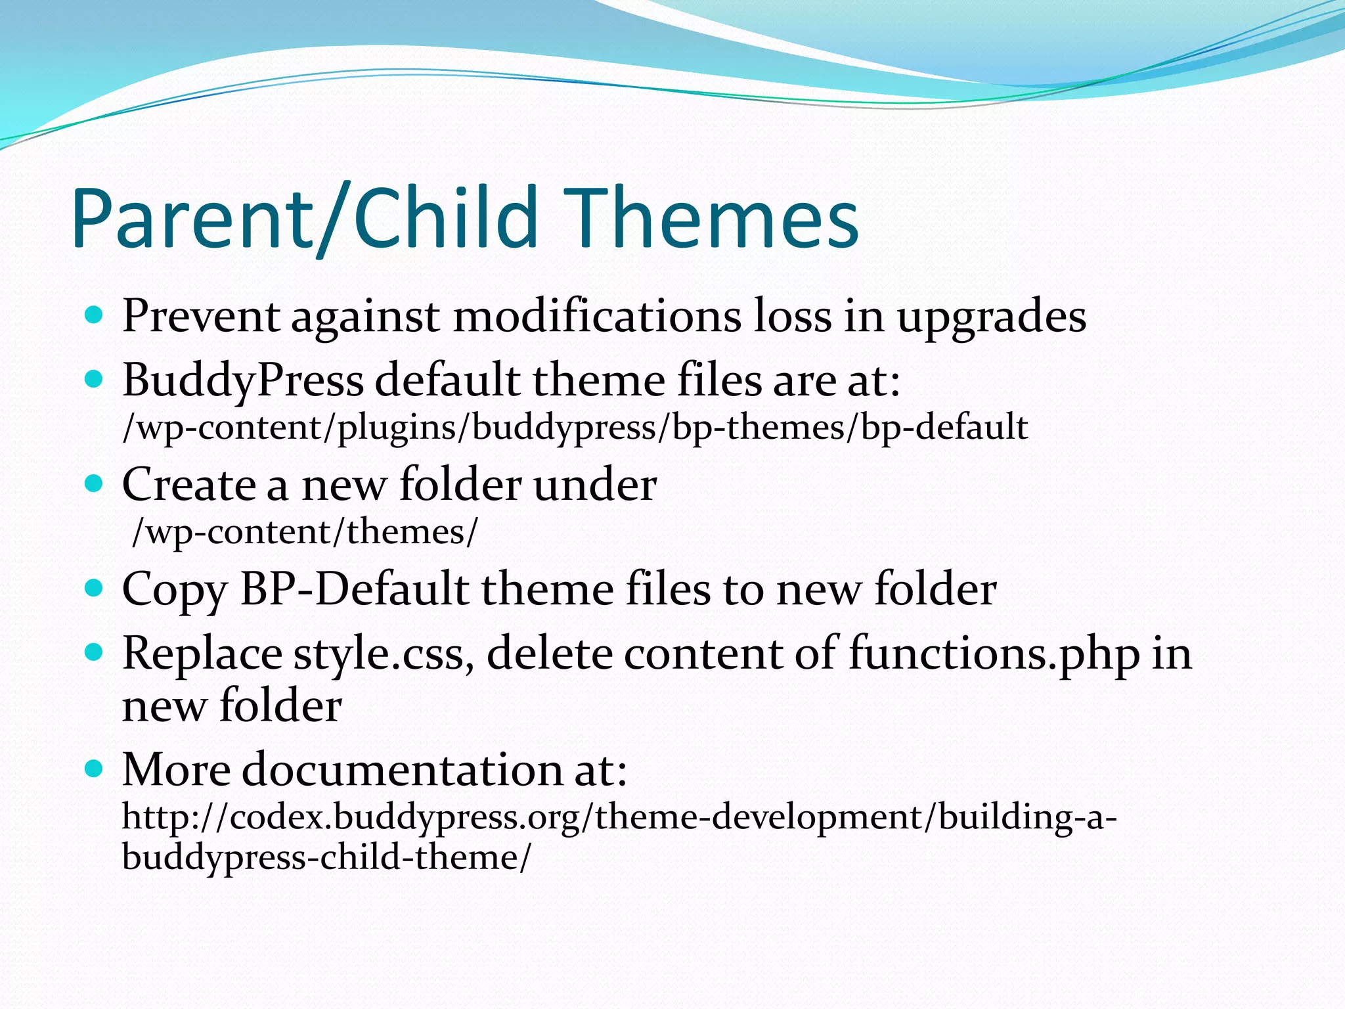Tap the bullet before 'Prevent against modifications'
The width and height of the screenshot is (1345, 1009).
(x=95, y=316)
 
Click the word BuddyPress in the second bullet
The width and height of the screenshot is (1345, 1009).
(x=242, y=382)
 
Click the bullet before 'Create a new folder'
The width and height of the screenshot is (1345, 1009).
(x=95, y=485)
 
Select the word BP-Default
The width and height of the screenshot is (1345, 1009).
(x=355, y=589)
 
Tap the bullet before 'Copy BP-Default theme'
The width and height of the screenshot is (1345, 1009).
(x=95, y=588)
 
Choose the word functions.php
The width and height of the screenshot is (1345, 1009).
(x=994, y=655)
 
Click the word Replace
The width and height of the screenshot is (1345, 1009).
(x=202, y=655)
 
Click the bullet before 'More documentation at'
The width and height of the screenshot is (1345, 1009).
(x=95, y=769)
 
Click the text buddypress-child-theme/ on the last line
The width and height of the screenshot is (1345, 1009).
(x=326, y=858)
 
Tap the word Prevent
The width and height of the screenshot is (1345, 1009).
(x=201, y=317)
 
